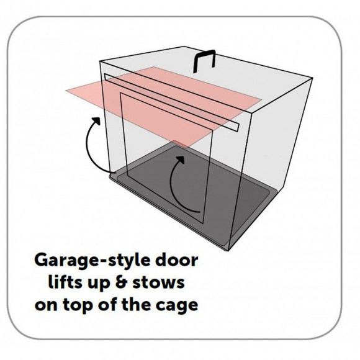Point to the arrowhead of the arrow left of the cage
[x=96, y=121]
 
